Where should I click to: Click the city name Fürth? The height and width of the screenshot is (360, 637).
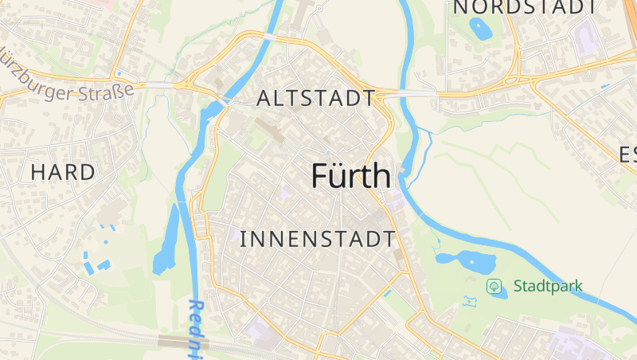pyautogui.click(x=351, y=176)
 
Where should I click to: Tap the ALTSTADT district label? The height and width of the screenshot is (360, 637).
pyautogui.click(x=316, y=99)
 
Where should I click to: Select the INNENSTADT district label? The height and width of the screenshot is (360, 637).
pyautogui.click(x=317, y=238)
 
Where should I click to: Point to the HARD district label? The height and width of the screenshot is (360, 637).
pyautogui.click(x=63, y=171)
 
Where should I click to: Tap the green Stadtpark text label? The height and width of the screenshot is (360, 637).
pyautogui.click(x=548, y=285)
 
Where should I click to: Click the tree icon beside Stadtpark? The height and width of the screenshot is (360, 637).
pyautogui.click(x=494, y=285)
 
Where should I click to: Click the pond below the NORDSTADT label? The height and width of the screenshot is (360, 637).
pyautogui.click(x=480, y=29)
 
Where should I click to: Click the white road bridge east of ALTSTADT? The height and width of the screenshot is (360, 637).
pyautogui.click(x=411, y=93)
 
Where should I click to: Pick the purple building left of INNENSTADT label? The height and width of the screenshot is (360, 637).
pyautogui.click(x=284, y=194)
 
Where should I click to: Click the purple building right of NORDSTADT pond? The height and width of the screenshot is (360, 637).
pyautogui.click(x=587, y=36)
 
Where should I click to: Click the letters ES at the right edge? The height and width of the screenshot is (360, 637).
pyautogui.click(x=627, y=155)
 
